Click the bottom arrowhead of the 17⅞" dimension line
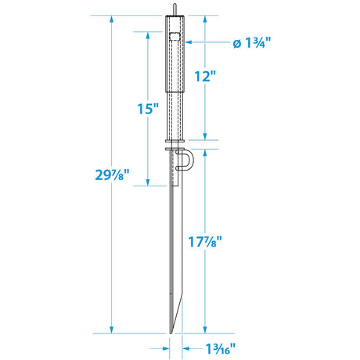205,329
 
